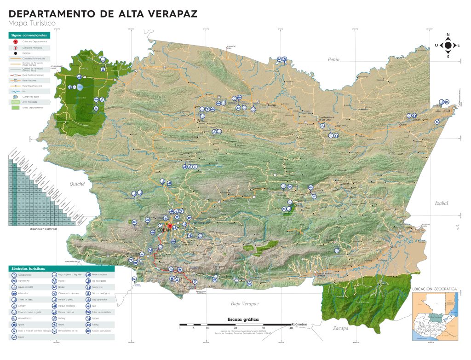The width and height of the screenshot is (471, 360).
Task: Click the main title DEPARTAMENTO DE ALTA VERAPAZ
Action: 103,13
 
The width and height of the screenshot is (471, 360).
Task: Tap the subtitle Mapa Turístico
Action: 32,23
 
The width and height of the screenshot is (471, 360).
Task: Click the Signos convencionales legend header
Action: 29,35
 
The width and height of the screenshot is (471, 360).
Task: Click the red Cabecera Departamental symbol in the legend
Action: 16,41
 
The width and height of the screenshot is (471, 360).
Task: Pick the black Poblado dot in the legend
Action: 16,53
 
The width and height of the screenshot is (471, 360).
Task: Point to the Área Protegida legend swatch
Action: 16,102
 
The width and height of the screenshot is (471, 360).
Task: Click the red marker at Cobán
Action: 170,226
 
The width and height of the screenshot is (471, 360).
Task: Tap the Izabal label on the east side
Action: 441,203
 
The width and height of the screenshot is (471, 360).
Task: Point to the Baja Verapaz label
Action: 245,304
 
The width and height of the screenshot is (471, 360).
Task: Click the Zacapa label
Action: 341,328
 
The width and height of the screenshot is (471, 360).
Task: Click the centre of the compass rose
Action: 448,45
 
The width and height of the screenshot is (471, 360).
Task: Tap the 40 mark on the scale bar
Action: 291,328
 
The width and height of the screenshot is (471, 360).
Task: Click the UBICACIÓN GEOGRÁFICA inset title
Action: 434,289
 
